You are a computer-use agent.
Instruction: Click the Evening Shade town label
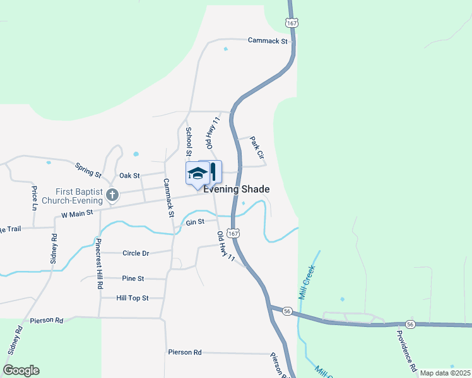[237, 189]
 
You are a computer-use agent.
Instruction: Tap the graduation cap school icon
[198, 173]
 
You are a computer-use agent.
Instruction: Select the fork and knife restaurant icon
[213, 171]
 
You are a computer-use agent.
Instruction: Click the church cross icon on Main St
[112, 195]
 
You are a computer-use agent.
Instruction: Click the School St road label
[188, 142]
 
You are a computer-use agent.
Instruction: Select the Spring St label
[88, 169]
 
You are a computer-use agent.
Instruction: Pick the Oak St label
[129, 175]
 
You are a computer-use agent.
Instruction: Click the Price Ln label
[35, 198]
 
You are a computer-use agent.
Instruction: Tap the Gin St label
[195, 222]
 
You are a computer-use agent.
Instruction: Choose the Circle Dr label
[136, 253]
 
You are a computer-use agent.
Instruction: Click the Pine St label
[133, 278]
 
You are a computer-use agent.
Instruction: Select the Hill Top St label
[133, 298]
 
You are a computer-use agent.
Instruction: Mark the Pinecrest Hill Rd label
[100, 265]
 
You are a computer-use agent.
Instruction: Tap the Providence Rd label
[407, 350]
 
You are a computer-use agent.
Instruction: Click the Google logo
[21, 370]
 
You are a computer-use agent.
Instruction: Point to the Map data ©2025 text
[444, 373]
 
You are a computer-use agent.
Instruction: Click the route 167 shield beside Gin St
[233, 233]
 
